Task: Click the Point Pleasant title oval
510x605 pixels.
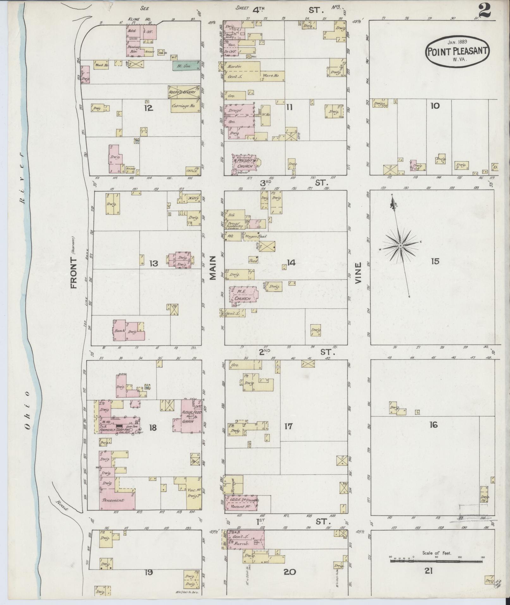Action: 458,51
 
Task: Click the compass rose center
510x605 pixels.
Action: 400,246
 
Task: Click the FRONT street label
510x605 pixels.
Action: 74,273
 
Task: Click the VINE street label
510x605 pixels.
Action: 358,273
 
